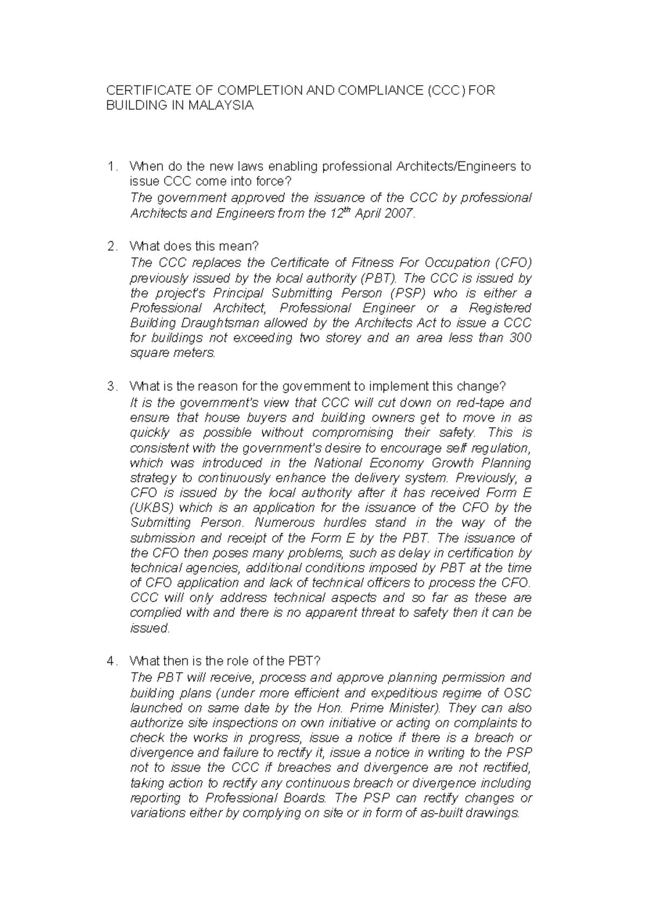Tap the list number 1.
tap(112, 167)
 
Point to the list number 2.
tap(112, 247)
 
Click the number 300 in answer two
tap(520, 338)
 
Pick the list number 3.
tap(112, 387)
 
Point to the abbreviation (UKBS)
tap(152, 508)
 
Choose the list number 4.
tap(112, 661)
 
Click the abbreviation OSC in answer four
tap(517, 693)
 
